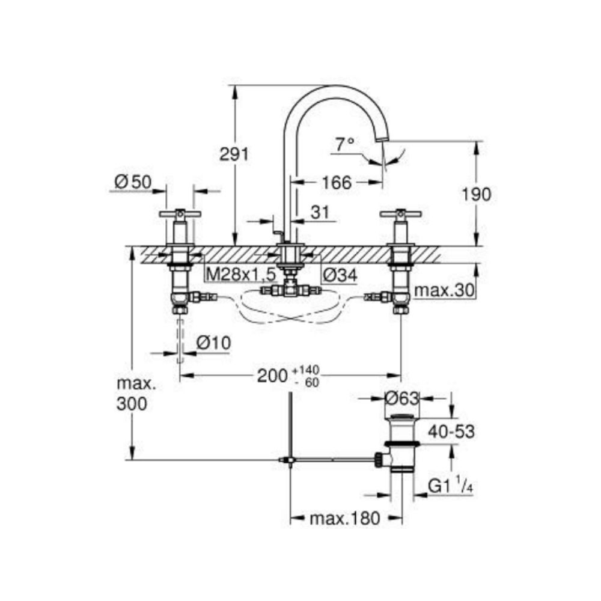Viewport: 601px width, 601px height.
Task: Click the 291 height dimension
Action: [234, 154]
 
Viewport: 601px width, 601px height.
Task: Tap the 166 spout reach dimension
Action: [337, 182]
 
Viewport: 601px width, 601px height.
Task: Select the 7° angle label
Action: [345, 144]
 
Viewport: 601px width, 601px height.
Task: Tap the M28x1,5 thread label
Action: [240, 275]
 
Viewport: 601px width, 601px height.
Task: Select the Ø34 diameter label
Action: [340, 275]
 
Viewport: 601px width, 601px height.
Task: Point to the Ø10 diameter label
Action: [213, 343]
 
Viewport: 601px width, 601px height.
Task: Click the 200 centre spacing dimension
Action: [273, 376]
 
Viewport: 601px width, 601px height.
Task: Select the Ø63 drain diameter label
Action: [402, 397]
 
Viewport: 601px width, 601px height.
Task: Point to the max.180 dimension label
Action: [345, 519]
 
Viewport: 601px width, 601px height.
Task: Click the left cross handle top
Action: [180, 213]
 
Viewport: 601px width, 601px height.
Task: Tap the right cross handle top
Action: [401, 213]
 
